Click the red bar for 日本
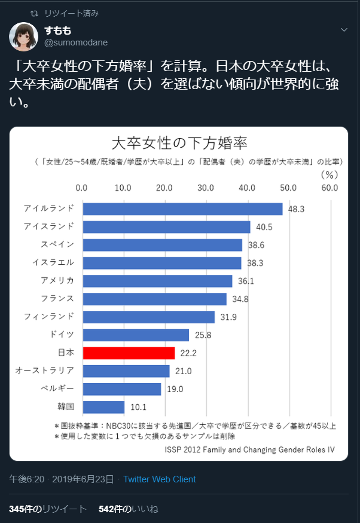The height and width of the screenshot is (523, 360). (x=129, y=353)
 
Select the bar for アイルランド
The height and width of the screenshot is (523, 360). (x=182, y=209)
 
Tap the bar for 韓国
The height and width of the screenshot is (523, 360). (x=103, y=407)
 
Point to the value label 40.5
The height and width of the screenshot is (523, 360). (x=264, y=228)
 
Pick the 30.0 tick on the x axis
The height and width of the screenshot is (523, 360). (x=206, y=188)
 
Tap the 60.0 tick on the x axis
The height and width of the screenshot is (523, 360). (x=329, y=188)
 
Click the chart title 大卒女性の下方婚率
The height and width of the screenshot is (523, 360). (x=179, y=144)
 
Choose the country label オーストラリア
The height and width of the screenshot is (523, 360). (x=45, y=371)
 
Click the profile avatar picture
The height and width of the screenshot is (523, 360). (x=24, y=36)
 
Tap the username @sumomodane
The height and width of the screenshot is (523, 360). (x=75, y=42)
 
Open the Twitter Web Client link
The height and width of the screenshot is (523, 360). (x=159, y=479)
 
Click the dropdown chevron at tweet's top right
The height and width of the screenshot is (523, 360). (x=344, y=29)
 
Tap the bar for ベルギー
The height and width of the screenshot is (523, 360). (x=122, y=389)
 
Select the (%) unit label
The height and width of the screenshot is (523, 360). (x=330, y=175)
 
